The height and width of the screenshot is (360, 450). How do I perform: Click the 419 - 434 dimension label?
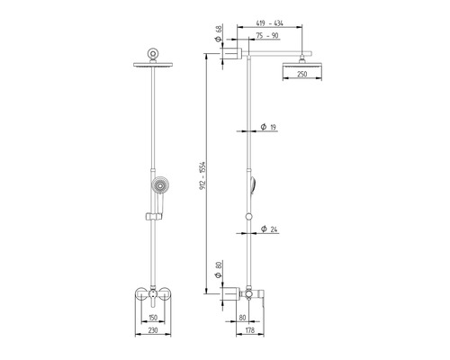(269, 23)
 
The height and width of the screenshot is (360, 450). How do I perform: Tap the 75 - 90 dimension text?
(267, 35)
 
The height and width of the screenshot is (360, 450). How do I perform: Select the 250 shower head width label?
(302, 74)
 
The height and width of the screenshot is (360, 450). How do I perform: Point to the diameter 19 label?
(268, 127)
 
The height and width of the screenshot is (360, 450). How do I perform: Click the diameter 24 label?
(269, 229)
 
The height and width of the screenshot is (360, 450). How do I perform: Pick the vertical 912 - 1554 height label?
(202, 175)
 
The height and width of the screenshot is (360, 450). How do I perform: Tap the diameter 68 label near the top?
(219, 34)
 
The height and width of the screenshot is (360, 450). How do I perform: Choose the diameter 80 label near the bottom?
(219, 270)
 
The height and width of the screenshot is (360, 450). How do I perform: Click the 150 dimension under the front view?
(153, 318)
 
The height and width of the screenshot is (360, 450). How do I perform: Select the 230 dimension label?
(153, 330)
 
